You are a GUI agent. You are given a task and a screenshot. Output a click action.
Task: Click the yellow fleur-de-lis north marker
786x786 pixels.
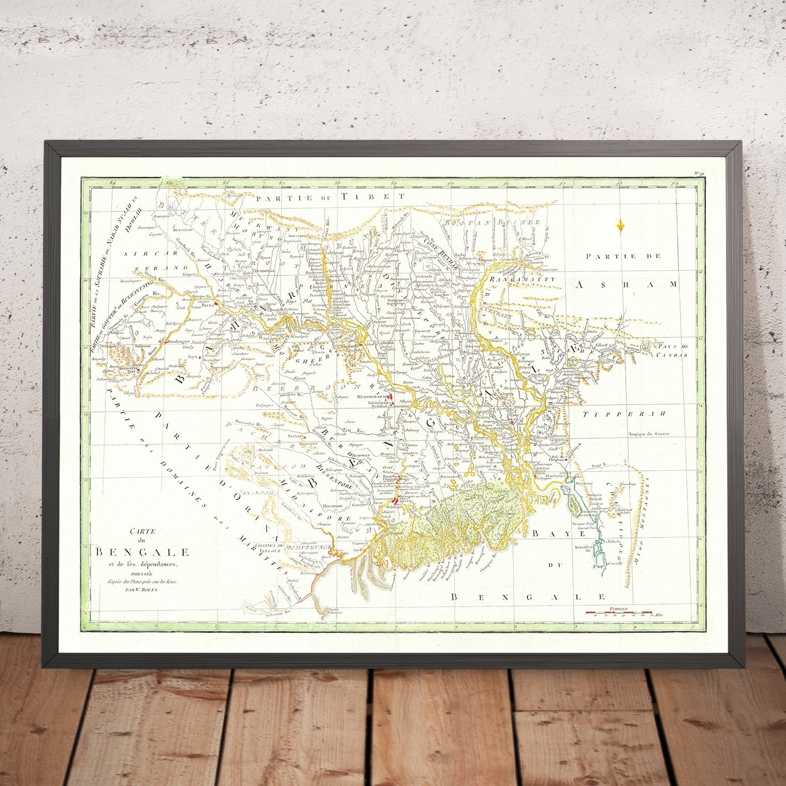pos(621,225)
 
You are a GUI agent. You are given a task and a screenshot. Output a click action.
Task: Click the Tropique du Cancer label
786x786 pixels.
pos(649,434)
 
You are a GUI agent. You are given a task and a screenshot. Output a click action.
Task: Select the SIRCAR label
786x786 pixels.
pos(138,254)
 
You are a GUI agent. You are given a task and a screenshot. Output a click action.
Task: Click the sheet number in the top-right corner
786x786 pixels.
pos(699,175)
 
